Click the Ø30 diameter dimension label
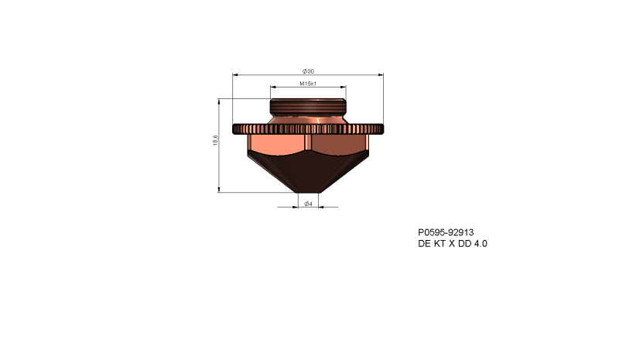(308, 71)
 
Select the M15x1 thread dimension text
(308, 83)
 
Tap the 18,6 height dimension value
(215, 144)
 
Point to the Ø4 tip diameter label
(307, 203)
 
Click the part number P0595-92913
(446, 231)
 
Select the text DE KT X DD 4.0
(453, 243)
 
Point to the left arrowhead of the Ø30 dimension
(236, 75)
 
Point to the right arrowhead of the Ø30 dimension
(380, 75)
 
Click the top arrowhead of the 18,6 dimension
(221, 101)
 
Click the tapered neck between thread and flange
(308, 120)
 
